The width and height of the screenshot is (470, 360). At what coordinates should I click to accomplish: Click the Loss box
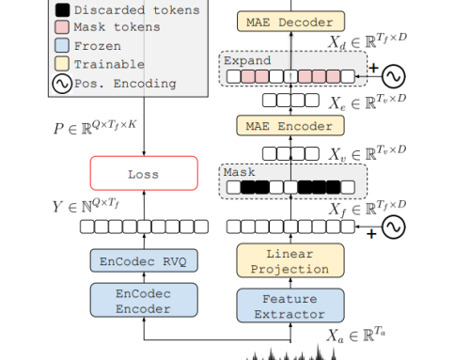(144, 174)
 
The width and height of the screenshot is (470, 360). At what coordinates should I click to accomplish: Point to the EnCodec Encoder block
(144, 300)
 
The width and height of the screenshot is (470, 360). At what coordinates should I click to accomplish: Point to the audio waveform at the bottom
(296, 352)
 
